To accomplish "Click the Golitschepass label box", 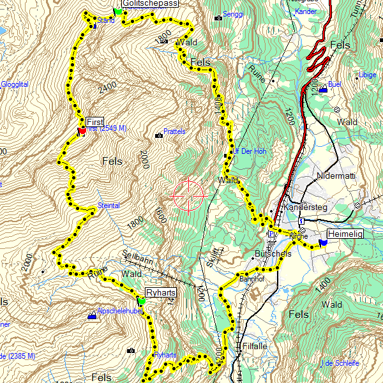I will click(x=150, y=3).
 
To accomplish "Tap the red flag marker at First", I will click(x=82, y=131).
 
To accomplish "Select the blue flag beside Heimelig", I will click(x=323, y=242).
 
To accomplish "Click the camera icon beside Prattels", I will click(x=158, y=135).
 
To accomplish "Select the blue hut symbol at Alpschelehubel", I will click(x=92, y=315).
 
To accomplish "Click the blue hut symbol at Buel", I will click(x=323, y=89).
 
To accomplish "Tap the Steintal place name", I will click(x=109, y=206).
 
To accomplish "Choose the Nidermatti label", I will click(x=335, y=176).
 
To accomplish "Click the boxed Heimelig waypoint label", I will click(x=345, y=234).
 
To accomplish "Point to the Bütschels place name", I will click(x=273, y=253).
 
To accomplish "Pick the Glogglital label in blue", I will click(x=14, y=84).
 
